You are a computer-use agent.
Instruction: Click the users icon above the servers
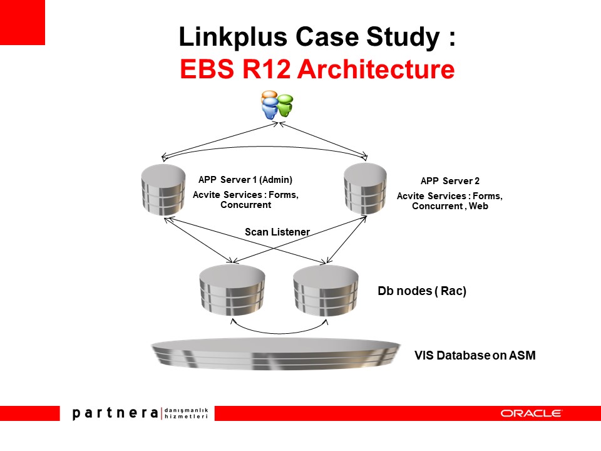[x=277, y=105]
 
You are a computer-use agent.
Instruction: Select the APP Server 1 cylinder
[x=163, y=189]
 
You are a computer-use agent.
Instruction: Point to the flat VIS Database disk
[x=275, y=355]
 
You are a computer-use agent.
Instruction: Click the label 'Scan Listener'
[x=277, y=232]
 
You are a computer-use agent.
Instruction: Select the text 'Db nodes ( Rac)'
[x=422, y=291]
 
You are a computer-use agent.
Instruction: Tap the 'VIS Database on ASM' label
[x=475, y=356]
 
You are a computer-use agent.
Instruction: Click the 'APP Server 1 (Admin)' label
[x=245, y=179]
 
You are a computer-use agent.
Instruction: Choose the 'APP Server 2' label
[x=449, y=181]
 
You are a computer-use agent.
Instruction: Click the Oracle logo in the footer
[x=531, y=413]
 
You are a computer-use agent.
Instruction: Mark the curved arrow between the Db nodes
[x=280, y=329]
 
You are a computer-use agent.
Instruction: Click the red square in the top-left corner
[x=22, y=22]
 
